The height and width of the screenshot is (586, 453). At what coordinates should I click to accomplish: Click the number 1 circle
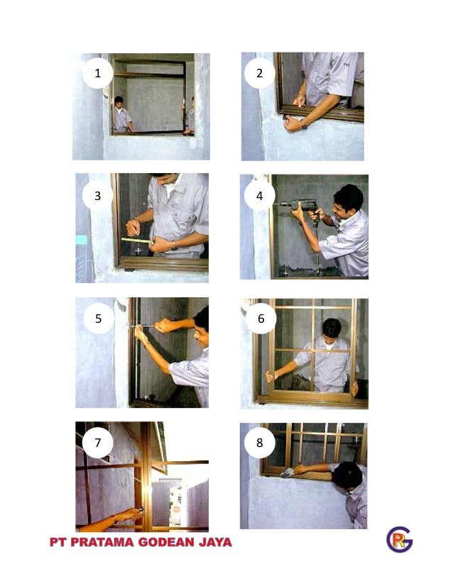click(x=98, y=73)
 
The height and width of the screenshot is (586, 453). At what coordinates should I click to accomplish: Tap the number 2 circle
click(x=260, y=73)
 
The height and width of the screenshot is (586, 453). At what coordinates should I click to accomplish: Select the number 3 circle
click(x=98, y=196)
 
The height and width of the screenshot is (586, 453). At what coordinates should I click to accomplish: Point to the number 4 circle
click(x=260, y=196)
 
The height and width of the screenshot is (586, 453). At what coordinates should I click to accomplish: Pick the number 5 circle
click(x=99, y=319)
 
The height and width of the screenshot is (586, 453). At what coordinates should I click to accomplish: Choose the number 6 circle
click(x=261, y=319)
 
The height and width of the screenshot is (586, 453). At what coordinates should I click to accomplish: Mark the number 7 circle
click(x=98, y=443)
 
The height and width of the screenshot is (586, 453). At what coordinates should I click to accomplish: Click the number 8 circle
click(x=260, y=443)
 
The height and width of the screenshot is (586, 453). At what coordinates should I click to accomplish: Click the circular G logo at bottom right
click(x=400, y=539)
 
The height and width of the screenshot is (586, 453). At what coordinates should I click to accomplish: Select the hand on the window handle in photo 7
click(x=129, y=515)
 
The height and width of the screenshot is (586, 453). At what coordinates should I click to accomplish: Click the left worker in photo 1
click(x=122, y=115)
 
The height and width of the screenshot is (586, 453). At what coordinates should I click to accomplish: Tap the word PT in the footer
click(x=58, y=542)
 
